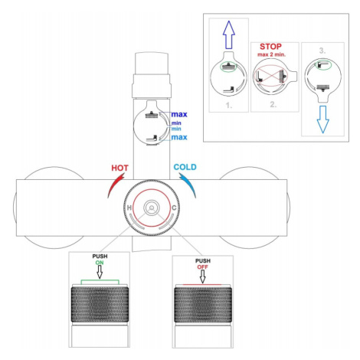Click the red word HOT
click(119, 168)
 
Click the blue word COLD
click(185, 167)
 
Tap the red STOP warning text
click(270, 47)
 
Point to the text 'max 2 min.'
click(271, 54)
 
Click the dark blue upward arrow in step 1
click(229, 34)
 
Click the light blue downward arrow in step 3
click(323, 119)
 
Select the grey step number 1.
click(229, 105)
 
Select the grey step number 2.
click(273, 104)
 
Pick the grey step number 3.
click(322, 51)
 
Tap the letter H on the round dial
click(129, 208)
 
